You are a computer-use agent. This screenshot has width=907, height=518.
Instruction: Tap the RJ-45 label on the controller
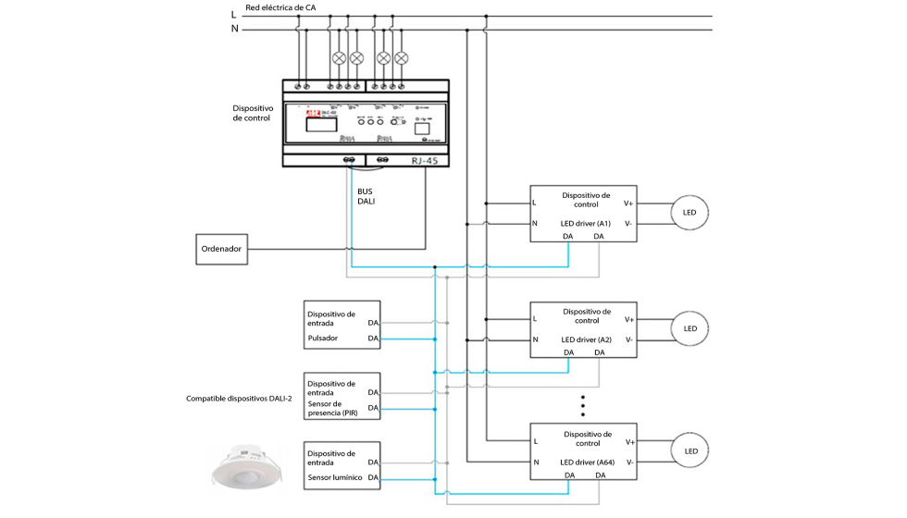tap(430, 161)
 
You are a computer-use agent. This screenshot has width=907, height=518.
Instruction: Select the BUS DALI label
tap(367, 195)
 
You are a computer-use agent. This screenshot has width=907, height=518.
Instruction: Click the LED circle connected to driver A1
tap(690, 213)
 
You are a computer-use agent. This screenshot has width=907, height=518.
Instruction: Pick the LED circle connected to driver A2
tap(690, 328)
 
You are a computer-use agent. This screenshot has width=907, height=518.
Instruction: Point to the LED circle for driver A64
tap(690, 450)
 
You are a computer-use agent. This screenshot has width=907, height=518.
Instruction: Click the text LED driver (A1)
tap(586, 223)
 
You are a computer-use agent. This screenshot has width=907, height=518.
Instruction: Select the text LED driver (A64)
tap(587, 462)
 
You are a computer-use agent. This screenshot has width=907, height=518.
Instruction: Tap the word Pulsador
tap(324, 339)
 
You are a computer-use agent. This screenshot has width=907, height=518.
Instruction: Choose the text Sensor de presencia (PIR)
tap(331, 409)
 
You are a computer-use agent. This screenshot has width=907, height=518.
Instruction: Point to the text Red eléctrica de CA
tap(280, 7)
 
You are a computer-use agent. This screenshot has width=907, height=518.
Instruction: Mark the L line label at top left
tap(233, 14)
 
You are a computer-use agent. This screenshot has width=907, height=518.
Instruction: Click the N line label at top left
tap(233, 29)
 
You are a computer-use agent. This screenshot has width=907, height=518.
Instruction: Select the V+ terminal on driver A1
tap(628, 203)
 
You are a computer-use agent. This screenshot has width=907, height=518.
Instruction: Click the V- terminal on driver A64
tap(628, 462)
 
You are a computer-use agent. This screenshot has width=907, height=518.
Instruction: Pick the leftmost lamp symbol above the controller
tap(339, 58)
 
